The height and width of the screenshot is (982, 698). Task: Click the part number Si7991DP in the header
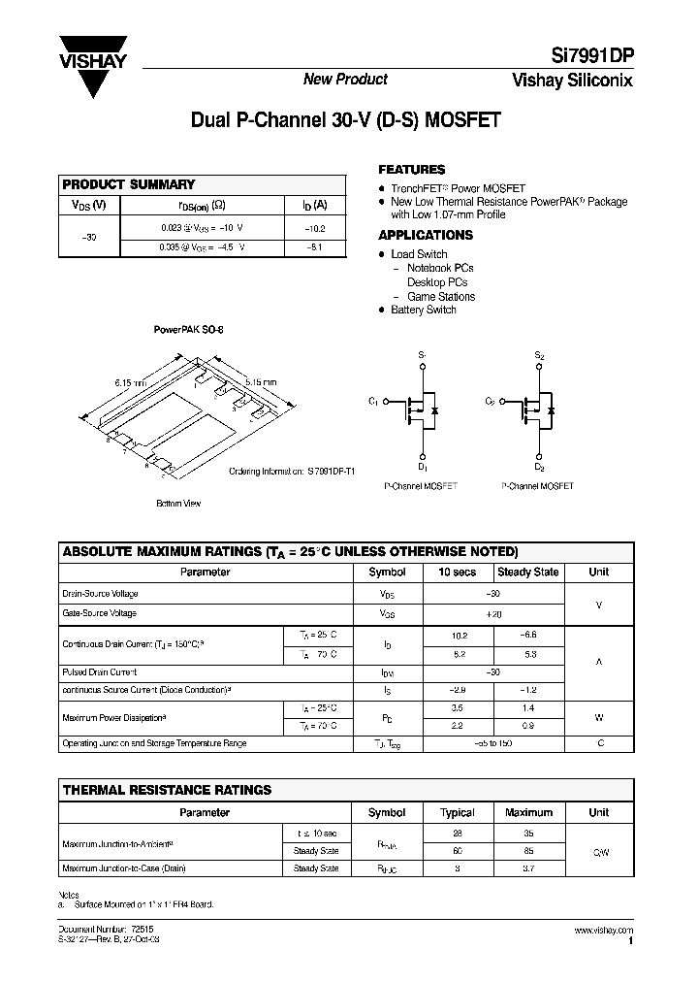click(x=588, y=56)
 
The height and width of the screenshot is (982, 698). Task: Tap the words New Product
click(x=346, y=80)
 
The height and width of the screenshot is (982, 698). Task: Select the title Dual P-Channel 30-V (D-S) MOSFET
click(x=346, y=121)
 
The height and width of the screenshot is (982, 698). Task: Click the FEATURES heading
click(x=411, y=169)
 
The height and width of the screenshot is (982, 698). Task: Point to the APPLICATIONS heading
click(x=425, y=235)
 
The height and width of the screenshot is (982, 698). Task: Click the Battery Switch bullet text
click(x=423, y=310)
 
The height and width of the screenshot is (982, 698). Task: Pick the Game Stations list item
click(x=440, y=296)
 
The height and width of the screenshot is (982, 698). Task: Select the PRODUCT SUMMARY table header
click(x=129, y=184)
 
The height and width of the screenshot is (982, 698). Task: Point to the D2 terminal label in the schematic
click(x=539, y=467)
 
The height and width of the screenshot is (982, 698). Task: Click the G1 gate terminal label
click(x=374, y=401)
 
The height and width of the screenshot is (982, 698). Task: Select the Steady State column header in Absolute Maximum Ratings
click(x=527, y=573)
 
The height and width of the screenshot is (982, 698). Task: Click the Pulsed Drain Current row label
click(x=100, y=671)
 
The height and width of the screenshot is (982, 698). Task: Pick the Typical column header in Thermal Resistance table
click(x=458, y=812)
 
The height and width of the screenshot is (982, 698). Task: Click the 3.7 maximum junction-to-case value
click(x=529, y=868)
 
